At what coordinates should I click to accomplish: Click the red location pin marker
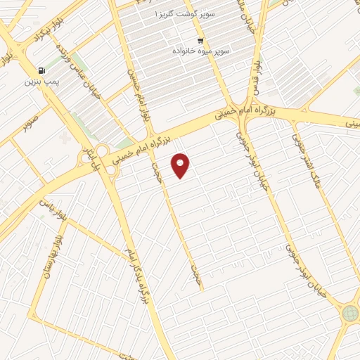[181, 165]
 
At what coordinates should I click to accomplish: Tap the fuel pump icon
[41, 71]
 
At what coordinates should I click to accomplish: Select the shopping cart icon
[201, 39]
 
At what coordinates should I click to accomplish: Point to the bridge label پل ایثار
[89, 156]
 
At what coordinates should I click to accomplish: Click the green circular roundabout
[349, 314]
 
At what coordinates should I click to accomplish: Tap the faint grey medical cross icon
[66, 139]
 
